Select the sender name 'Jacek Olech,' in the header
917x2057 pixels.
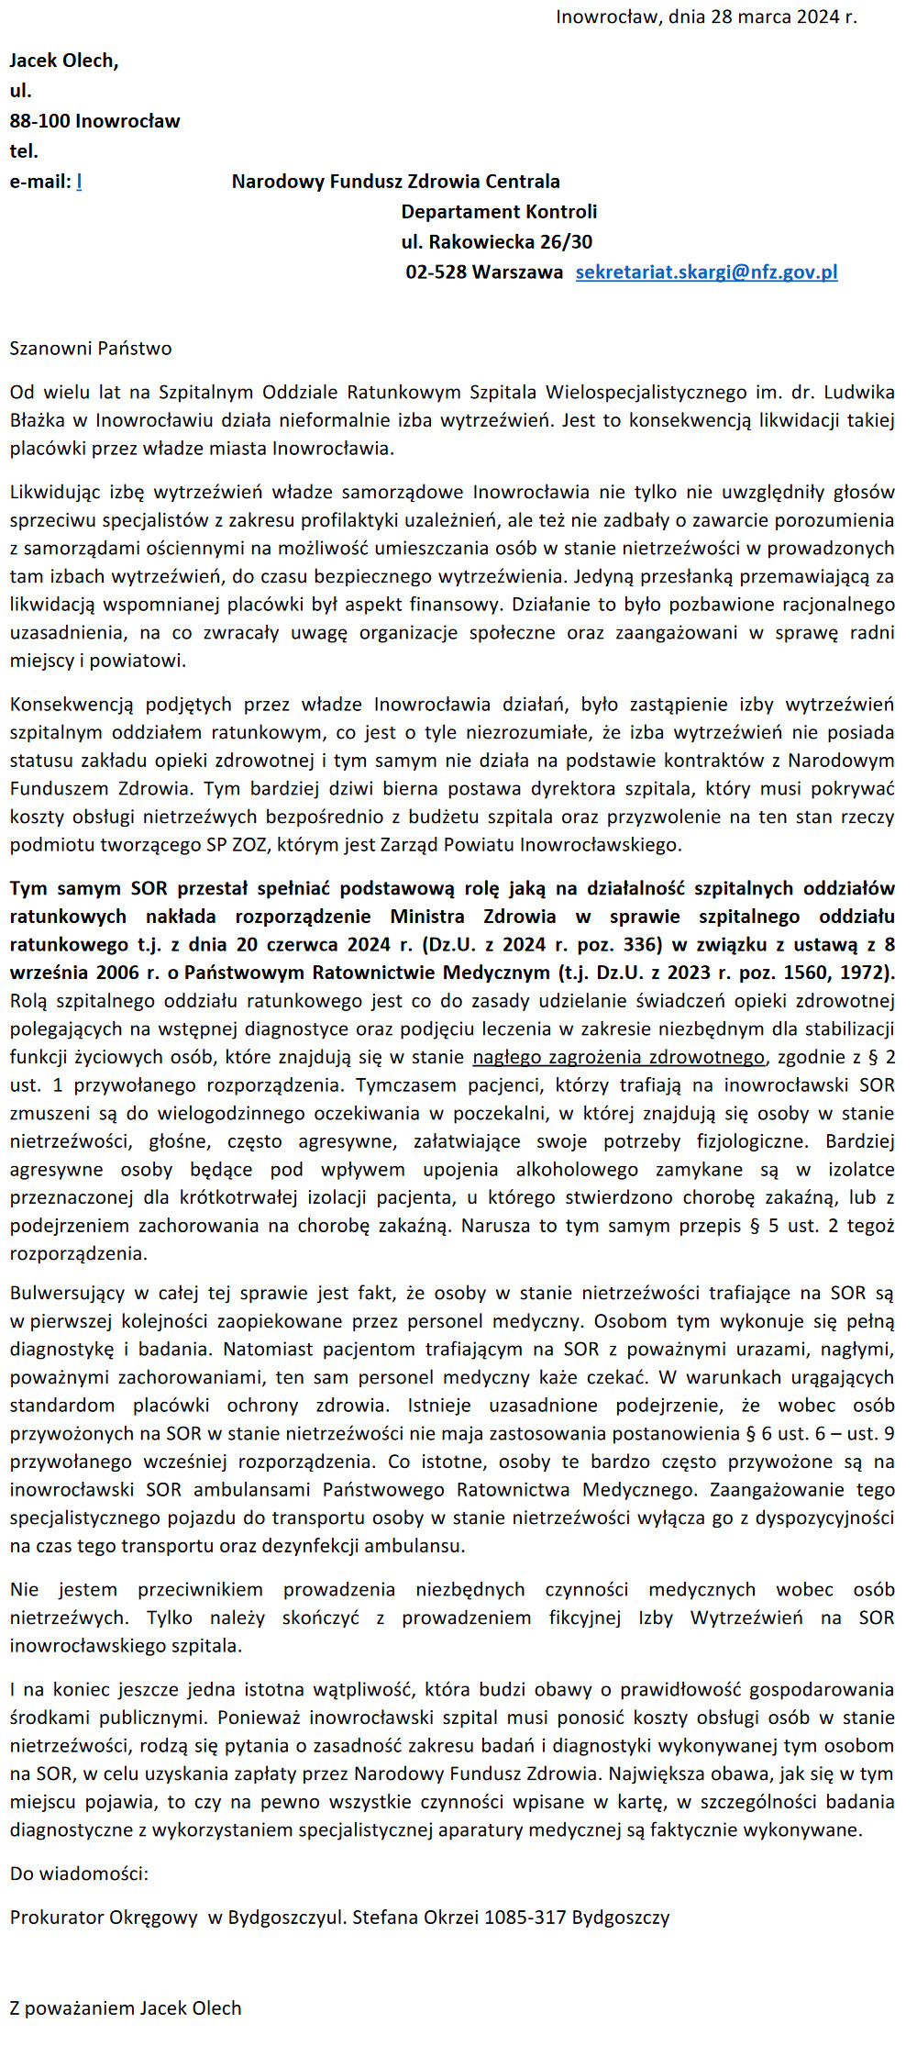(64, 61)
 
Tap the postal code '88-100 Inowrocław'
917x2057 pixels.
(94, 121)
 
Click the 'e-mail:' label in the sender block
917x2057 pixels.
(39, 182)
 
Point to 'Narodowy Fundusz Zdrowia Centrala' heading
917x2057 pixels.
(395, 182)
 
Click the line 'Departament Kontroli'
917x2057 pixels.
(499, 212)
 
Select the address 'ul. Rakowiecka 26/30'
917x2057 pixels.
(496, 242)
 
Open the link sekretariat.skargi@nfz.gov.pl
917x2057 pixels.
(706, 272)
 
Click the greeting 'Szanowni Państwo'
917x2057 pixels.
(91, 349)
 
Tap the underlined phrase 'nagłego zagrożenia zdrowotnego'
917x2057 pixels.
(618, 1057)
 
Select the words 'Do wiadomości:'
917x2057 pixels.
(79, 1874)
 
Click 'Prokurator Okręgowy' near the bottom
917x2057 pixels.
(104, 1918)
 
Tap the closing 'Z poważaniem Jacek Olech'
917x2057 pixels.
(126, 2008)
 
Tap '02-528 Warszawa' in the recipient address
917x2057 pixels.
(484, 272)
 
